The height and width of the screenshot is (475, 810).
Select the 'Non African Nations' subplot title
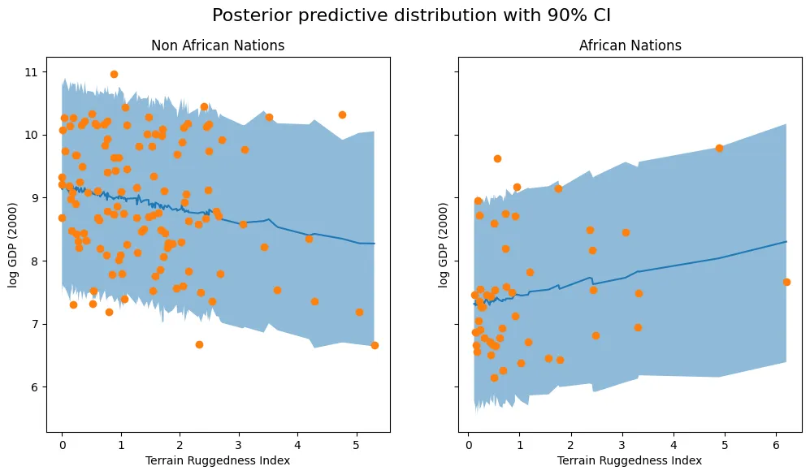(x=218, y=45)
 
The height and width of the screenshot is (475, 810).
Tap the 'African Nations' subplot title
(x=630, y=45)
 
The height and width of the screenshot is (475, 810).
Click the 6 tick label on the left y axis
(x=33, y=387)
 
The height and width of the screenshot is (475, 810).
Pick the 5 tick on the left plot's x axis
(x=356, y=446)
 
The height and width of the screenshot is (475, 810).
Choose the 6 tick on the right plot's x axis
(x=776, y=446)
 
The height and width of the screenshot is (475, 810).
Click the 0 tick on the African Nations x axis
(x=468, y=446)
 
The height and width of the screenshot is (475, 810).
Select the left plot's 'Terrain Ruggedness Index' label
(x=218, y=461)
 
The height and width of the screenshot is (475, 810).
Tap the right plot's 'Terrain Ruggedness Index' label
(x=630, y=461)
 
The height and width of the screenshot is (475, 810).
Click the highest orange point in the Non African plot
(x=114, y=75)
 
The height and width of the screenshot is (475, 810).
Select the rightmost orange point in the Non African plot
(x=375, y=345)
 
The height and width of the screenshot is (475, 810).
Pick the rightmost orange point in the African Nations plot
(x=786, y=282)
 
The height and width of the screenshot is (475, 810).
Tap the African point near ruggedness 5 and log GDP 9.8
(x=719, y=148)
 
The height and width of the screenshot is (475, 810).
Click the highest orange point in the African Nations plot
(x=497, y=158)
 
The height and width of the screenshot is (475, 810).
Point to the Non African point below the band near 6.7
(x=199, y=344)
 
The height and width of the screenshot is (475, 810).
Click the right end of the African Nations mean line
(x=786, y=241)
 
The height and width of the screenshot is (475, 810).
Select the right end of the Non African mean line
(x=375, y=244)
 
